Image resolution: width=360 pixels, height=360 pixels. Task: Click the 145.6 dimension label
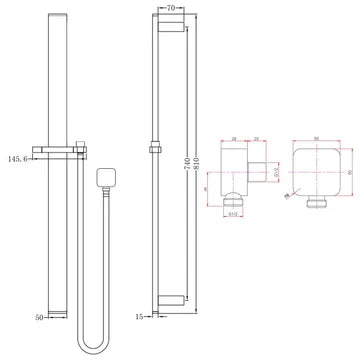[18, 157]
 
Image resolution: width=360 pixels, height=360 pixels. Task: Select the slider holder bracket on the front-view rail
[60, 152]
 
